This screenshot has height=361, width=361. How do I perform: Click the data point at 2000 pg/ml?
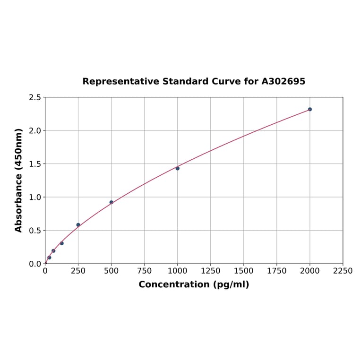310,109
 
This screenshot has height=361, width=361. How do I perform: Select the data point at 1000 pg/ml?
178,168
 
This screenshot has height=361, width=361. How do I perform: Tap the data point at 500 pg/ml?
112,202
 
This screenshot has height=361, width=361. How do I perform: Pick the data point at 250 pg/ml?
78,225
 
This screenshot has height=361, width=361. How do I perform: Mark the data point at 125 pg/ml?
62,243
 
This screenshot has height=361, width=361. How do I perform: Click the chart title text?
194,81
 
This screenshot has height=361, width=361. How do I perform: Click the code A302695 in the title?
284,81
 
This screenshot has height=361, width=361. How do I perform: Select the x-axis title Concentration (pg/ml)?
194,284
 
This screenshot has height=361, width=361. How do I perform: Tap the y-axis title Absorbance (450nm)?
19,180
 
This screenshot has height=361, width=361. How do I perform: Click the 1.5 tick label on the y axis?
35,164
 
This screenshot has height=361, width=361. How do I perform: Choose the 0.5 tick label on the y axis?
35,231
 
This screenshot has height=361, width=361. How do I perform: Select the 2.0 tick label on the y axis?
35,130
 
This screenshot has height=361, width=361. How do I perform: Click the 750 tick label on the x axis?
145,271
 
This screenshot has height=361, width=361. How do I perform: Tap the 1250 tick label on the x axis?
211,271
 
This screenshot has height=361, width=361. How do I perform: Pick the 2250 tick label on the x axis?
343,271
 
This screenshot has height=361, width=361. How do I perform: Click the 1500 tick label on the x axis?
244,271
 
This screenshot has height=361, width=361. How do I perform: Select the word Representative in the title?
120,81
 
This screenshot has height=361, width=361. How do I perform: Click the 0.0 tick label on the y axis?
35,264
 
